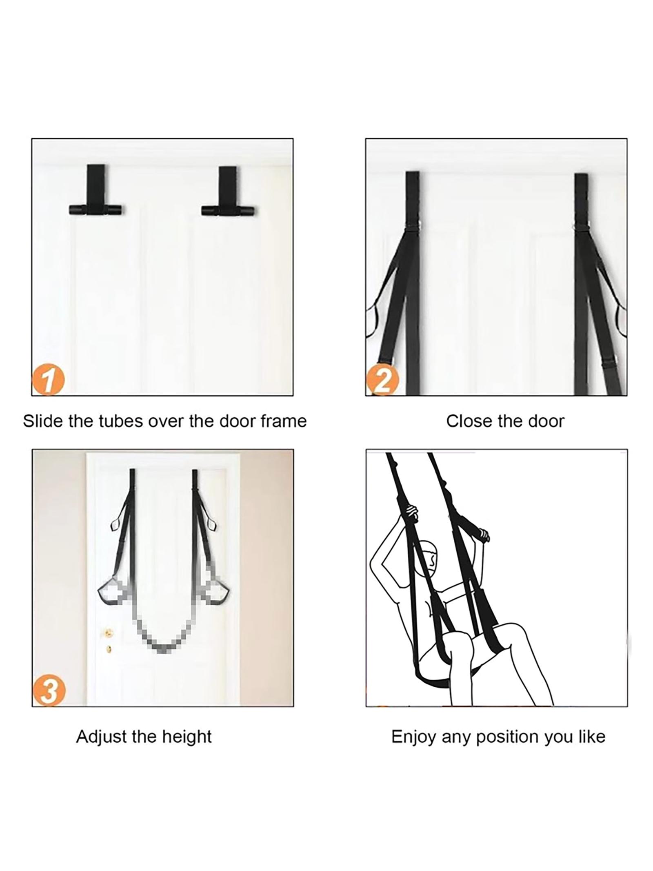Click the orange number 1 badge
coord(48,381)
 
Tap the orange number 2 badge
coord(381,381)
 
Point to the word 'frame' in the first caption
coord(284,421)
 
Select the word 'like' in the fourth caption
coord(591,737)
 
